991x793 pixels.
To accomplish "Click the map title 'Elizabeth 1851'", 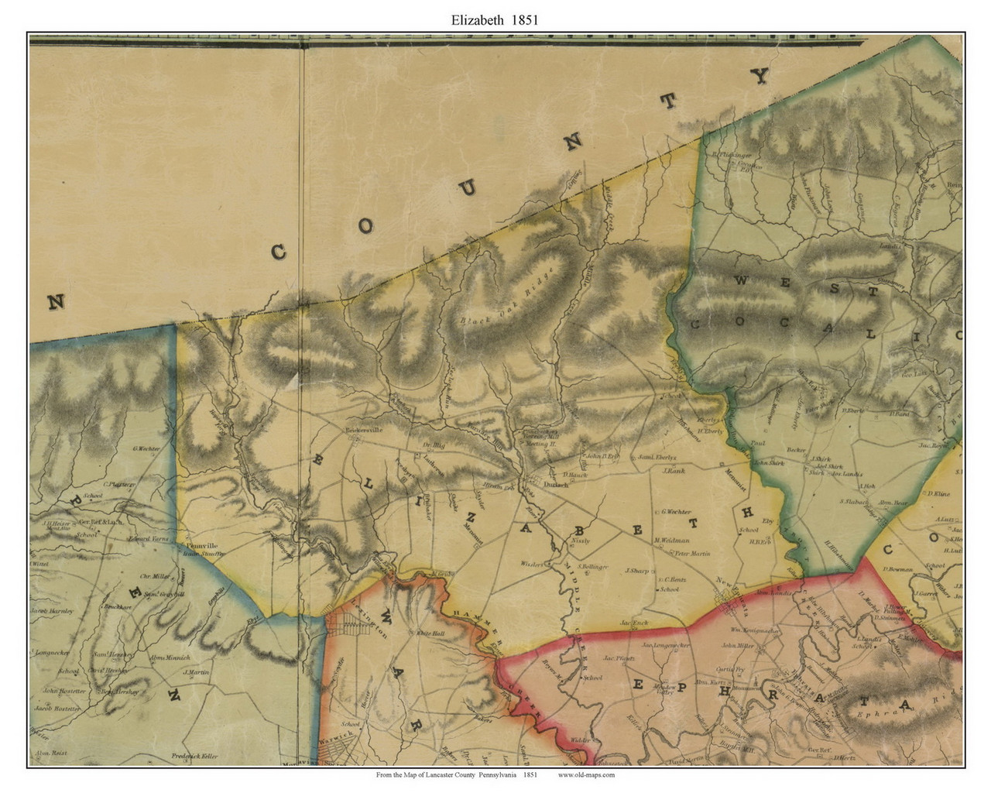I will (495, 20).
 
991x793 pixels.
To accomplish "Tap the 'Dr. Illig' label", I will (435, 445).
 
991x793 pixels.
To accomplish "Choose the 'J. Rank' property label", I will (674, 471).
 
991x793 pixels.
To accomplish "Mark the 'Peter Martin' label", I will (692, 554).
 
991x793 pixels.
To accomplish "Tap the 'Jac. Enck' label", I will (633, 623).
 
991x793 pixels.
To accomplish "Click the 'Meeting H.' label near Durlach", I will (543, 445).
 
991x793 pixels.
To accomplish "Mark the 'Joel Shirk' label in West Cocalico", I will (827, 467).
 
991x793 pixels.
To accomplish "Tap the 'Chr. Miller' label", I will (155, 576).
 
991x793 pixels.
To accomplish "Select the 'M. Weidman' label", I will (671, 541).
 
